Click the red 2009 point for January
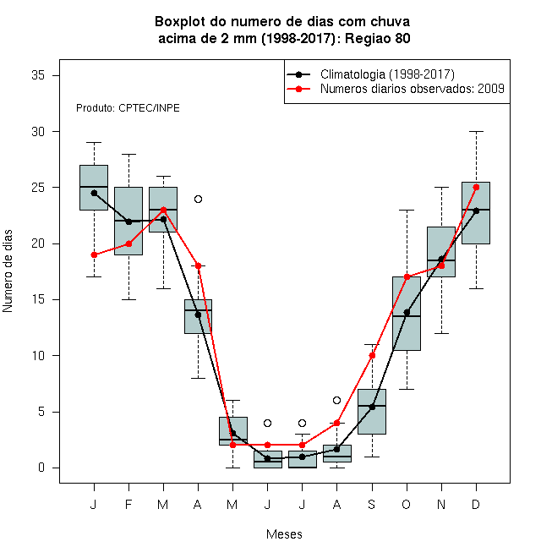(x=94, y=254)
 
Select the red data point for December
(x=476, y=187)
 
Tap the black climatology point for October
(x=407, y=313)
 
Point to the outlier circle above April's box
(x=199, y=199)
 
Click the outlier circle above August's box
(x=336, y=401)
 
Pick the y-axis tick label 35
(x=38, y=75)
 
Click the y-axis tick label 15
(x=38, y=299)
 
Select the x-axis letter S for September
(x=372, y=504)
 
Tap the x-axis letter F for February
(x=128, y=504)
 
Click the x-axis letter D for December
(x=476, y=504)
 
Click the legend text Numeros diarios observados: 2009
(x=413, y=89)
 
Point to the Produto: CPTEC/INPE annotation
(x=128, y=108)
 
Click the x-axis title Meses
(x=284, y=534)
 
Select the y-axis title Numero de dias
(x=8, y=271)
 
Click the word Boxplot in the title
(x=180, y=22)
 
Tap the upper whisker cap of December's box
(x=476, y=131)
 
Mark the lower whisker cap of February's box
(x=128, y=299)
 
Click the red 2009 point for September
(x=372, y=355)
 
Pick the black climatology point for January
(x=94, y=194)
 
